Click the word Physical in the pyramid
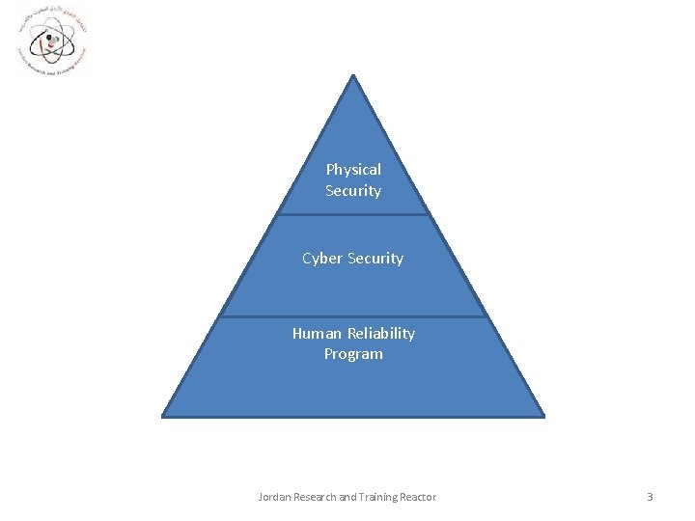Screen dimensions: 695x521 click(353, 170)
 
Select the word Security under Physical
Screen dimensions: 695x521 click(353, 191)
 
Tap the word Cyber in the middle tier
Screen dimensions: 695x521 click(323, 259)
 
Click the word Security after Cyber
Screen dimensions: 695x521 click(376, 259)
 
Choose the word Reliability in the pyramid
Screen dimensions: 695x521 click(381, 334)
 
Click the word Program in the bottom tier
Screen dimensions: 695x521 click(353, 354)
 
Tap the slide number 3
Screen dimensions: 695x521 click(650, 497)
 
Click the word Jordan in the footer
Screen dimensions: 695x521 click(276, 497)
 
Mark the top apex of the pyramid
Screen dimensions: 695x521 click(353, 76)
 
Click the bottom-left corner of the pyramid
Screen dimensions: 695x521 click(163, 416)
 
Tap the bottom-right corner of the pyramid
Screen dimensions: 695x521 click(543, 416)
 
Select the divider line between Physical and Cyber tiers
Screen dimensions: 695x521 click(353, 214)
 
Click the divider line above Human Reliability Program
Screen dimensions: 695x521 click(353, 315)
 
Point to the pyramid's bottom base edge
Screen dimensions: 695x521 click(353, 417)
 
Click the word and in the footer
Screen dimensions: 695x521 click(352, 497)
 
